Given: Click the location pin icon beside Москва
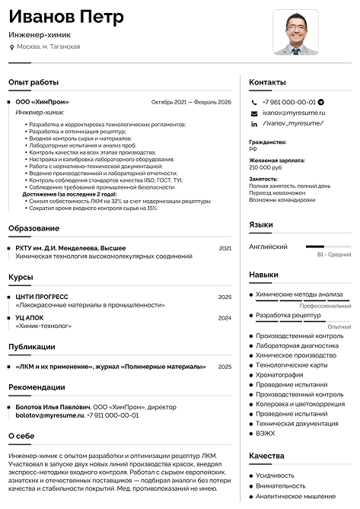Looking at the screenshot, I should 11,47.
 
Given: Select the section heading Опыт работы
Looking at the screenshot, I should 33,81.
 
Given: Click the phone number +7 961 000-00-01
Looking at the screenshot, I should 288,101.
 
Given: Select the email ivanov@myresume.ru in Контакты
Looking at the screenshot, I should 293,112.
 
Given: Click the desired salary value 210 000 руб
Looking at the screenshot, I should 266,167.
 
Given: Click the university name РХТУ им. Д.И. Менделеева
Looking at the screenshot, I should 71,248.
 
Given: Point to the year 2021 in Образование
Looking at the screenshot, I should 225,248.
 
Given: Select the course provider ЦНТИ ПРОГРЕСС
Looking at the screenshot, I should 42,297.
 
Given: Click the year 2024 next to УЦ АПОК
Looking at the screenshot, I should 225,317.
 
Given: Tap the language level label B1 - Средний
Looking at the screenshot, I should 333,255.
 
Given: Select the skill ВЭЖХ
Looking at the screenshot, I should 266,433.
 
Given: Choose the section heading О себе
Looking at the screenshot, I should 21,436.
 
